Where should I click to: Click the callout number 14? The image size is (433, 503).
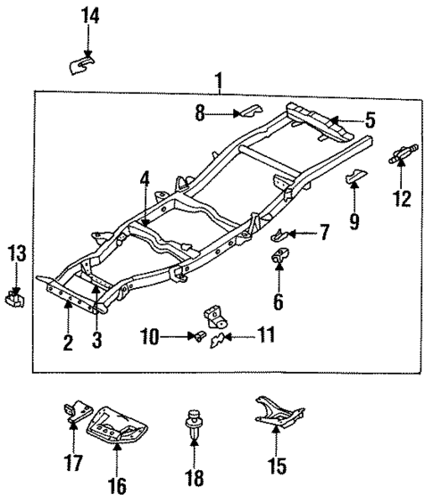[89, 15]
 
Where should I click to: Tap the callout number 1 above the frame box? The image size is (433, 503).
[220, 82]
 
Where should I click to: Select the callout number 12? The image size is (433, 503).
[402, 199]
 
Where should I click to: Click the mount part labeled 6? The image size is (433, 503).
[279, 261]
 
